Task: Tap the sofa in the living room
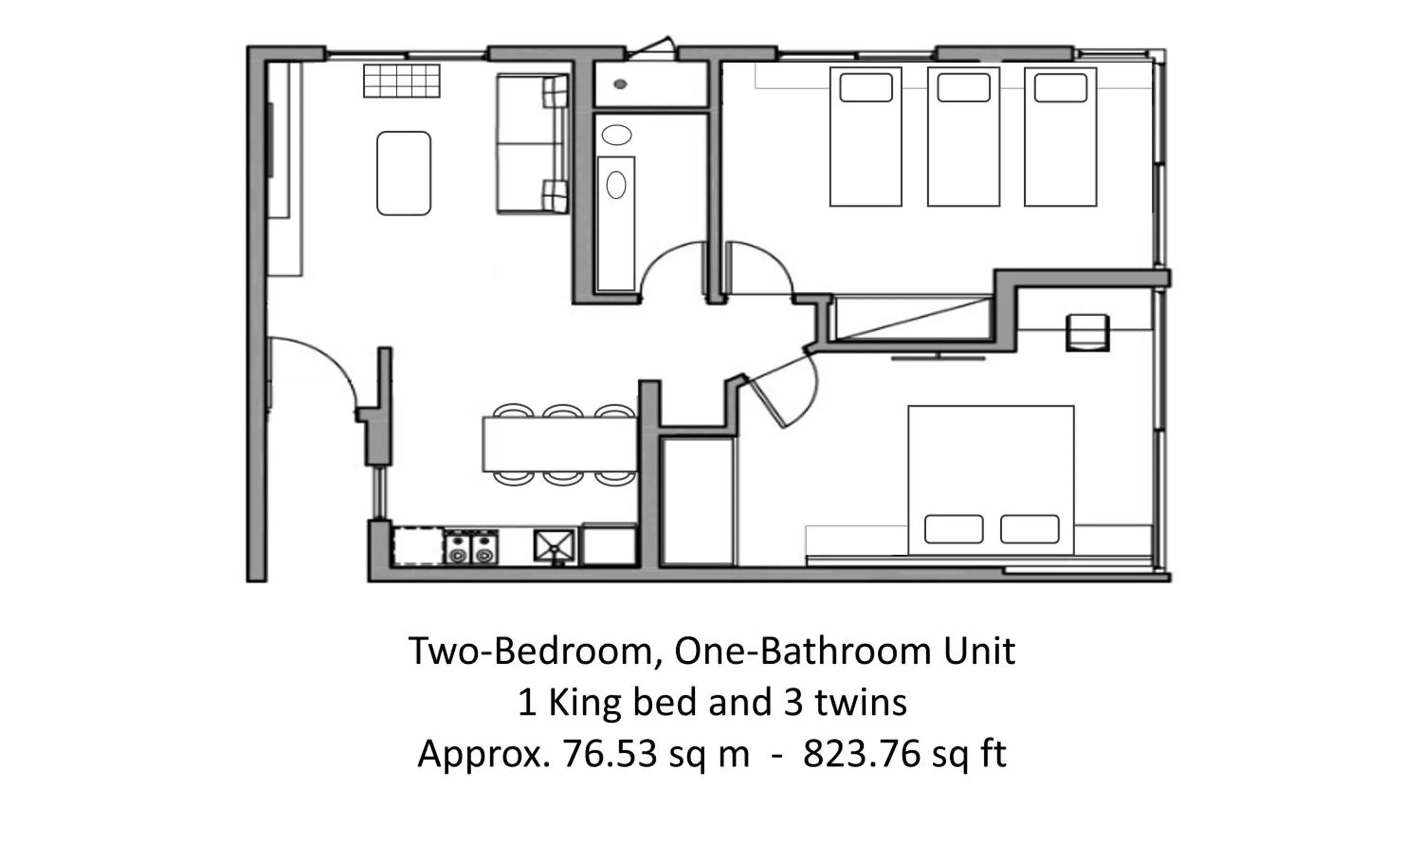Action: (532, 144)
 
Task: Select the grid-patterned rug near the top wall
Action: (401, 81)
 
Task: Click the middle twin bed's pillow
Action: (963, 88)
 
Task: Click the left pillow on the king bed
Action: (954, 529)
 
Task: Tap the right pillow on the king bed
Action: (1029, 529)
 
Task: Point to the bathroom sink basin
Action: (616, 135)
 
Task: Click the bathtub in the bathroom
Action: (616, 223)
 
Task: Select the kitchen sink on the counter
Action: (554, 545)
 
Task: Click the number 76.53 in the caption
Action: (610, 754)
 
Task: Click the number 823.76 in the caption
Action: (861, 754)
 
